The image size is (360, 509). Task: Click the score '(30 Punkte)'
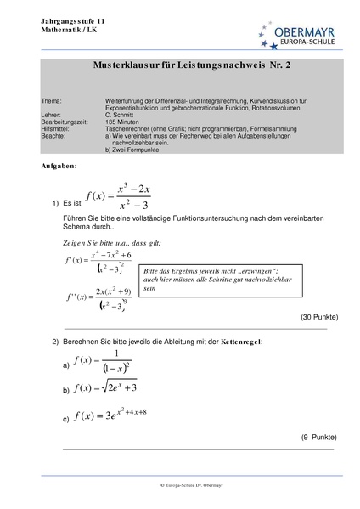[x=318, y=317]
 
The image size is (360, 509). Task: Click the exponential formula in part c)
[x=110, y=416]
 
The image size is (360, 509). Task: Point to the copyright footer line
[x=179, y=484]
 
